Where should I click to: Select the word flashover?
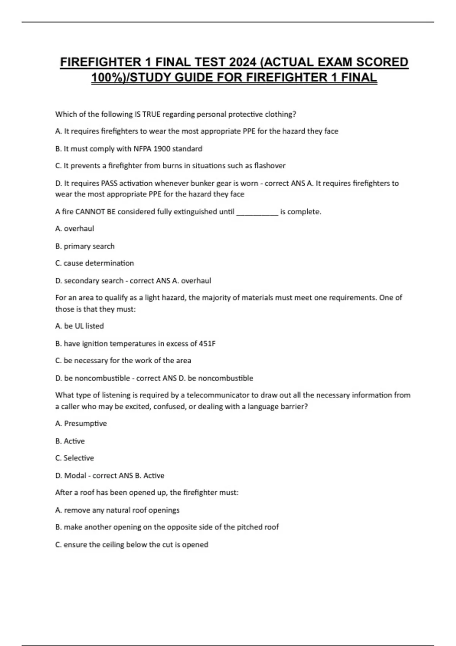pos(269,166)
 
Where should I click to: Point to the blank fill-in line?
pos(257,212)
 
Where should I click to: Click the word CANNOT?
pos(90,212)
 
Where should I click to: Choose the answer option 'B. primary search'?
pos(85,246)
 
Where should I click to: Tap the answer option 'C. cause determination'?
pos(94,263)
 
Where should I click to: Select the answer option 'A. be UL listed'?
pos(79,326)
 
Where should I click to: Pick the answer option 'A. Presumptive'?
pos(81,423)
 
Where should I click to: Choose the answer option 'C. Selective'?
pos(74,458)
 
